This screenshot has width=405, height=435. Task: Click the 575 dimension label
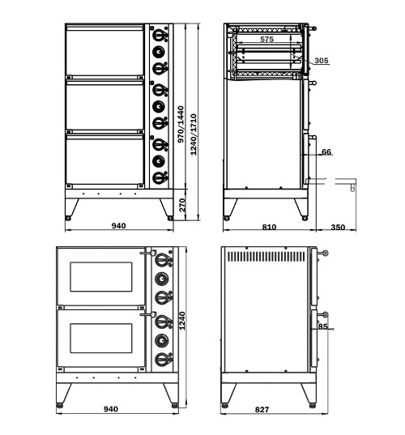pyautogui.click(x=266, y=39)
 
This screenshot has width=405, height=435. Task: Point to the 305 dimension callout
pyautogui.click(x=322, y=60)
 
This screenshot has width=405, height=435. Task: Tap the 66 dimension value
pyautogui.click(x=326, y=151)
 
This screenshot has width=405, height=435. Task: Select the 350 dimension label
pyautogui.click(x=338, y=227)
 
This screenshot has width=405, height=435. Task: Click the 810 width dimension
pyautogui.click(x=269, y=227)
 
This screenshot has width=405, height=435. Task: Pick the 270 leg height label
pyautogui.click(x=182, y=205)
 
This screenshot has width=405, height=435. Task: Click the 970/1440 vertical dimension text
pyautogui.click(x=181, y=124)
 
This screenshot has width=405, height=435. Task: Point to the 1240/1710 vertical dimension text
pyautogui.click(x=194, y=134)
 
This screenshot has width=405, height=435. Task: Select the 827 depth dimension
pyautogui.click(x=262, y=409)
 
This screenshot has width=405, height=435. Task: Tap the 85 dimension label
pyautogui.click(x=322, y=326)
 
